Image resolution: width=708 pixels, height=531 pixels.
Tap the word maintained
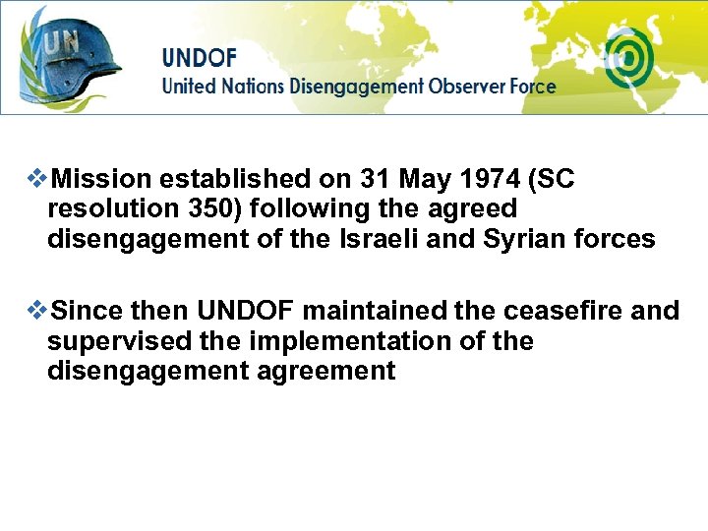[375, 312]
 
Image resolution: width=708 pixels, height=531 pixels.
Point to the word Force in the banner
[532, 86]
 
